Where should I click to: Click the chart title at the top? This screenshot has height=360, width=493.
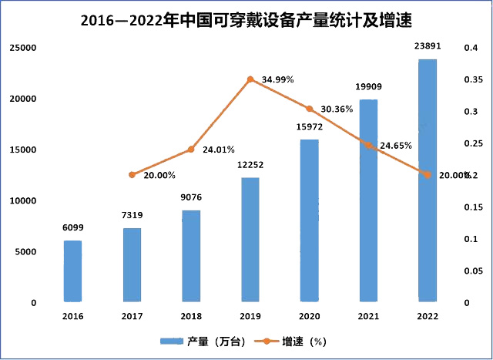(x=246, y=21)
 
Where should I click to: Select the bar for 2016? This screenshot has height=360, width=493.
(x=72, y=271)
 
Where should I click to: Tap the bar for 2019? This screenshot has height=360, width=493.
(x=250, y=239)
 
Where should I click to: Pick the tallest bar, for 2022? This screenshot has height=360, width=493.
(x=427, y=180)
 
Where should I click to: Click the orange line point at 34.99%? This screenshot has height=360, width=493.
(x=250, y=79)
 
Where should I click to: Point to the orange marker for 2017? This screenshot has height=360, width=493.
(x=132, y=175)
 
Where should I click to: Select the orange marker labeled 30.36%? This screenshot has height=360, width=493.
(x=310, y=109)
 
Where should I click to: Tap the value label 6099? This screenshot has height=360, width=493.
(x=72, y=228)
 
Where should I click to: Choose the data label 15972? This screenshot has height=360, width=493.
(x=309, y=127)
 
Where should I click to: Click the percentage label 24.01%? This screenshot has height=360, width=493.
(x=218, y=150)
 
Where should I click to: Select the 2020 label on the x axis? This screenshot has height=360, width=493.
(x=309, y=316)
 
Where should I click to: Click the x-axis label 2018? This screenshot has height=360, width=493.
(x=191, y=316)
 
